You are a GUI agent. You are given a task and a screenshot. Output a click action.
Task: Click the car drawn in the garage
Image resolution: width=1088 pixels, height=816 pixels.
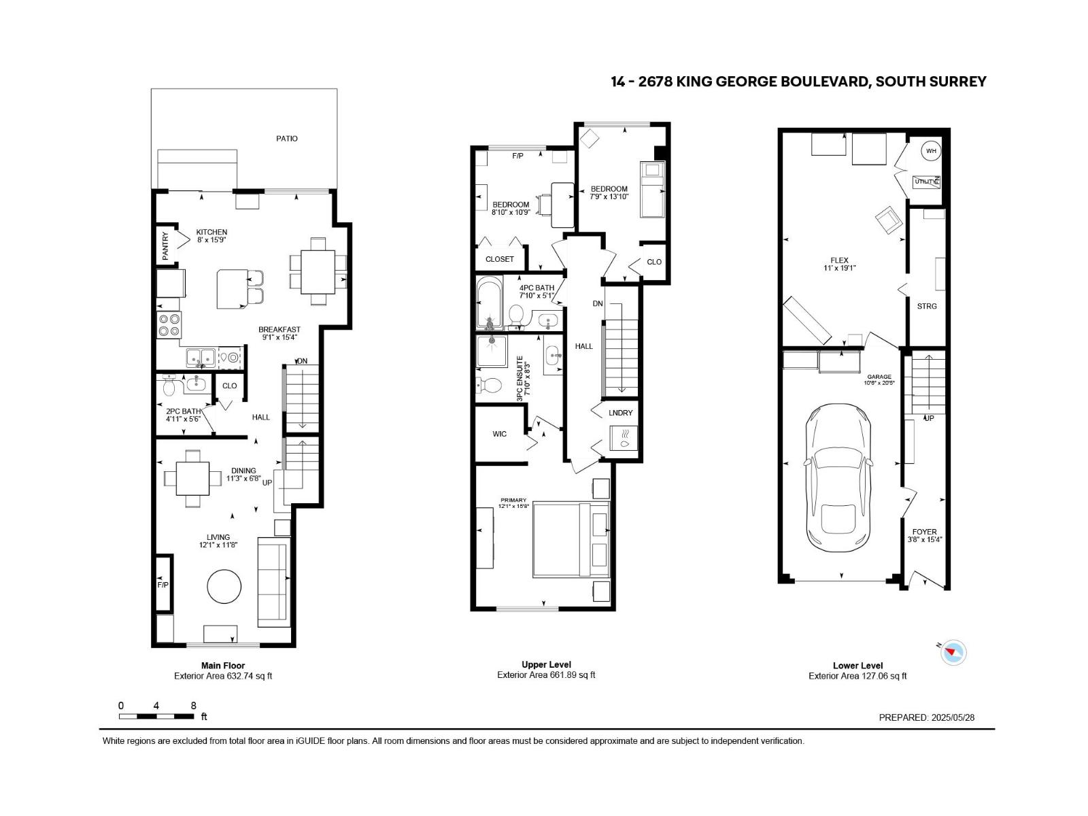click(838, 480)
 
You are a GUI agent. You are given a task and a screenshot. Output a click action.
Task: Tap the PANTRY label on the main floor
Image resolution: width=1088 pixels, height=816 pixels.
click(165, 245)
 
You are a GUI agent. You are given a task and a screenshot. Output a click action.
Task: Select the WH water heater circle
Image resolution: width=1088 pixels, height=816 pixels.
click(931, 151)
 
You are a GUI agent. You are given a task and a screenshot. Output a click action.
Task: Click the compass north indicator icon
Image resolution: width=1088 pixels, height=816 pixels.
click(953, 651)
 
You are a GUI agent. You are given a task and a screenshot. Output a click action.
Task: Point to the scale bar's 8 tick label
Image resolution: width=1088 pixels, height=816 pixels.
click(194, 706)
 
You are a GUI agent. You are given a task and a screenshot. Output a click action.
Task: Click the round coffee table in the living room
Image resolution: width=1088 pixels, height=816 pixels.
click(224, 586)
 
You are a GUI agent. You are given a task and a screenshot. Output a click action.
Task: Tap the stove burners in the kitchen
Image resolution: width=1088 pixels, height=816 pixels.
click(169, 324)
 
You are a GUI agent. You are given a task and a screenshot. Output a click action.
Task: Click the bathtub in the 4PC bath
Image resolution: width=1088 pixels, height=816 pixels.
click(489, 302)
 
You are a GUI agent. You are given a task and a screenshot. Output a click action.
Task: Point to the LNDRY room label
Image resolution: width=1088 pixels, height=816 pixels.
click(620, 413)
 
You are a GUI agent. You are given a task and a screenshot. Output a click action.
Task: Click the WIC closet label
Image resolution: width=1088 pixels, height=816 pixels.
click(499, 434)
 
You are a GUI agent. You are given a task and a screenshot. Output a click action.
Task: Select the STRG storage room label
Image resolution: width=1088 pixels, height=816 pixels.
click(927, 306)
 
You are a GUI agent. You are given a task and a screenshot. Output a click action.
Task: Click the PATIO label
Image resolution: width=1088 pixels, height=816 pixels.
click(287, 138)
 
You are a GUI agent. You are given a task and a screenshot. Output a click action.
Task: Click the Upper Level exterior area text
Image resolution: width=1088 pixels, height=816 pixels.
click(546, 675)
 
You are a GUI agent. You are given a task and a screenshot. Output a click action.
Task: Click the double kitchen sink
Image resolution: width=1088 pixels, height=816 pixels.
click(201, 356)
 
